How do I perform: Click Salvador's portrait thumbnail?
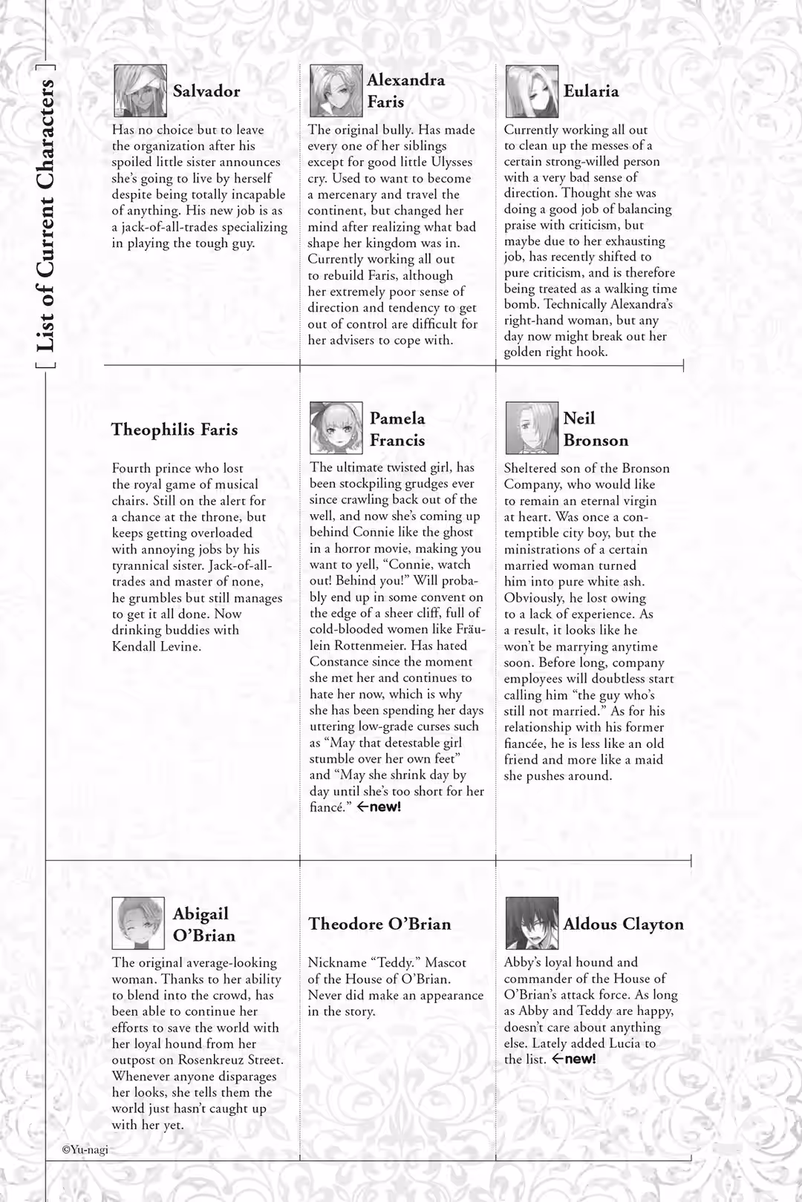tap(140, 91)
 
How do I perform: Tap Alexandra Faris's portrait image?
tap(336, 91)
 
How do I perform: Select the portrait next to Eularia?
tap(532, 91)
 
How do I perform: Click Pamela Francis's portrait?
tap(336, 428)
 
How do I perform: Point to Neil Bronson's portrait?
tap(532, 428)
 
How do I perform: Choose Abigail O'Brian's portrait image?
tap(138, 923)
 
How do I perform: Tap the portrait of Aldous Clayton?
tap(532, 923)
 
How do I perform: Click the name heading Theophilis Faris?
tap(175, 430)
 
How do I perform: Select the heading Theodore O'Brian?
tap(379, 924)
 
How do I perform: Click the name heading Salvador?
tap(206, 91)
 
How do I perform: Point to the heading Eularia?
tap(591, 91)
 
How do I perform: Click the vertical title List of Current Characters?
tap(46, 215)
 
